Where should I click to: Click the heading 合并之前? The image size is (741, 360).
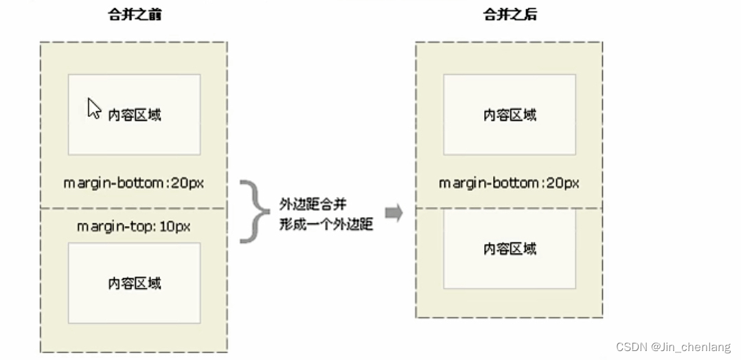[x=134, y=14]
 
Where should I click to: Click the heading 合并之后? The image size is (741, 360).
[x=509, y=14]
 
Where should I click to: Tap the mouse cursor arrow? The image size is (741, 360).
[x=93, y=109]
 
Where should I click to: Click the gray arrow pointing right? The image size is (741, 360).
[x=393, y=213]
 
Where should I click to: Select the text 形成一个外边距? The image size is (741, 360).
[x=326, y=224]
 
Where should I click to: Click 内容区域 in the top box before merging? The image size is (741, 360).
[x=135, y=115]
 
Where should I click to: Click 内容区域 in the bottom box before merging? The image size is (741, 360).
[x=135, y=282]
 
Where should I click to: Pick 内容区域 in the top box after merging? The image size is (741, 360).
[x=510, y=115]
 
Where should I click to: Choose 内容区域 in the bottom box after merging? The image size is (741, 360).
[x=510, y=248]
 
